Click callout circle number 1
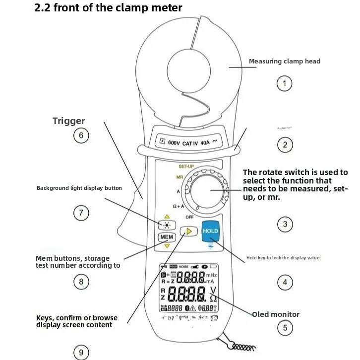284,83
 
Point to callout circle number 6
81,136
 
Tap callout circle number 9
81,353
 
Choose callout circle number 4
285,283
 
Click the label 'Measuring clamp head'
284,61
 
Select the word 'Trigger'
69,121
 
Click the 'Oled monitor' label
276,314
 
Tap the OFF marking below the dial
189,217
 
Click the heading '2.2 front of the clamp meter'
108,8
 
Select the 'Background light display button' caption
79,188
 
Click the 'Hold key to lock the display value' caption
283,258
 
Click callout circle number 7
81,213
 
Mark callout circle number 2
285,145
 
